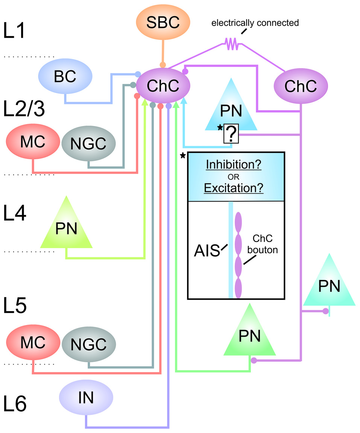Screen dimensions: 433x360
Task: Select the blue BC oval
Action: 65,77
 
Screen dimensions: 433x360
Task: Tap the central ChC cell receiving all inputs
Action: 163,86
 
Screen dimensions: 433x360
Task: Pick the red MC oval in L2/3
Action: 33,143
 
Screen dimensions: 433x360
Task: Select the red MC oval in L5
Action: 33,343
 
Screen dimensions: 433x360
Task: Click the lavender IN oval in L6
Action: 86,398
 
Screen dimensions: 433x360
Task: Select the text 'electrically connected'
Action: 255,23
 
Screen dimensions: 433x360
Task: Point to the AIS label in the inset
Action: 207,251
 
